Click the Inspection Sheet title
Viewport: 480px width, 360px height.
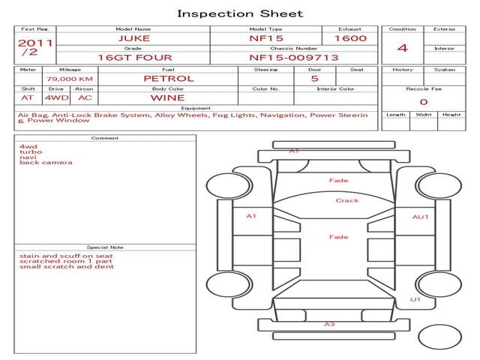pos(240,13)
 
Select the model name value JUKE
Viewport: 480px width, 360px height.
pos(133,38)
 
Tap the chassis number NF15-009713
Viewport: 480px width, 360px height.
pos(294,57)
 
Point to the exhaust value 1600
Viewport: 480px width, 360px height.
pos(350,38)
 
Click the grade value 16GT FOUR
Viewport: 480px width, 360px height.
pos(133,57)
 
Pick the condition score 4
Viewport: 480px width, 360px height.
pos(403,48)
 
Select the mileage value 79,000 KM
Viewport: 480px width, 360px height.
pos(69,78)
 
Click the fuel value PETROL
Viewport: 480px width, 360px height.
pos(168,78)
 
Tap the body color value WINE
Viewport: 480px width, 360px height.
pos(167,97)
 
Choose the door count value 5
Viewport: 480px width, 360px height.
pos(314,78)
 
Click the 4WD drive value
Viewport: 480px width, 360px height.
pos(55,97)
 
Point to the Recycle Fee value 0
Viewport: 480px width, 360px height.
pos(423,102)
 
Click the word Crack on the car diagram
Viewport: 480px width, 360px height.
pos(347,200)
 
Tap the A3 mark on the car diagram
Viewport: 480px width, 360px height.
pos(328,324)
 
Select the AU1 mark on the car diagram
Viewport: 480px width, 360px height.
pos(421,217)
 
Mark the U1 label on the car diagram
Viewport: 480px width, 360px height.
pos(415,299)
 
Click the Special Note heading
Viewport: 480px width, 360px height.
pos(105,247)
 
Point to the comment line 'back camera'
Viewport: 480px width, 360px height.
pos(46,163)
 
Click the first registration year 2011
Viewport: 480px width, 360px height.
pos(35,43)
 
